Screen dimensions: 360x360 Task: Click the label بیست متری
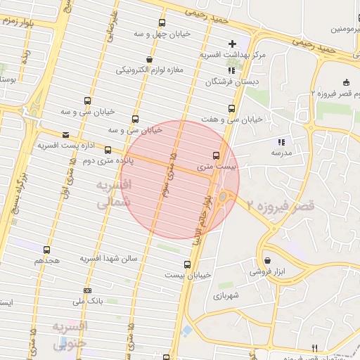click(214, 167)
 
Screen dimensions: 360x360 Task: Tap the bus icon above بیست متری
click(215, 155)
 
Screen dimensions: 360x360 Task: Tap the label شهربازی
click(229, 295)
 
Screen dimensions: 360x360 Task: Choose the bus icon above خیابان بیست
click(187, 264)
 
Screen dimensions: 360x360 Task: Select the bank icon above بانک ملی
click(87, 290)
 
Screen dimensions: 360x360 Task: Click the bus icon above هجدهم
click(47, 250)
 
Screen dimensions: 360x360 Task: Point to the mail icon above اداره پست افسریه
click(66, 134)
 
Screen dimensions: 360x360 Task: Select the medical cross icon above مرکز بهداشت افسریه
click(232, 44)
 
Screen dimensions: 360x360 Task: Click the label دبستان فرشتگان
click(226, 82)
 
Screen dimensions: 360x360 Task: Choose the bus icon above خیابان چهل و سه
click(163, 23)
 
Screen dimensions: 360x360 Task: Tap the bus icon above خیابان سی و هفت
click(231, 108)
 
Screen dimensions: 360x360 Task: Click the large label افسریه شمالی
click(112, 193)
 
